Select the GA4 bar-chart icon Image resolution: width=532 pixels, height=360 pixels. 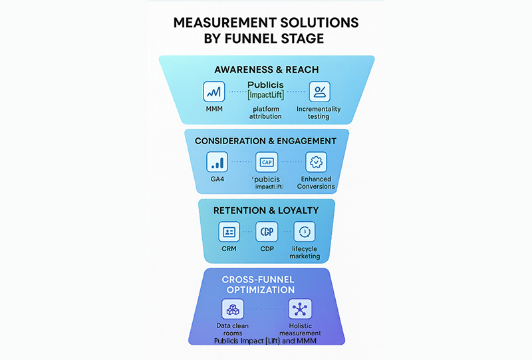click(x=217, y=162)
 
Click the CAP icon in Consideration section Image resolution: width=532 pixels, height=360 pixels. click(x=266, y=162)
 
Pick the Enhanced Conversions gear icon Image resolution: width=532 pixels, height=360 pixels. click(x=316, y=162)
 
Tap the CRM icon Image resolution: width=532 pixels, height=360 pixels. click(x=229, y=232)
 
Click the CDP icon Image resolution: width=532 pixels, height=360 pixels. click(x=266, y=232)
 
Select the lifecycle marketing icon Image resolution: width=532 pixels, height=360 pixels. click(x=304, y=232)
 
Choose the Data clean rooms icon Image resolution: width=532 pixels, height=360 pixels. click(x=233, y=309)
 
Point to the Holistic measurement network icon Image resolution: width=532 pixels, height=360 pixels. click(x=300, y=309)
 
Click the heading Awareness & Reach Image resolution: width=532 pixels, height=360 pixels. click(x=266, y=70)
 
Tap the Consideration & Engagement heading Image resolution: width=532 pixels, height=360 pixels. click(x=266, y=141)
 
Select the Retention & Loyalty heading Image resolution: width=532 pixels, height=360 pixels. click(x=266, y=211)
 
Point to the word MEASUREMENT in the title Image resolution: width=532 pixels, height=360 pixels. click(x=237, y=23)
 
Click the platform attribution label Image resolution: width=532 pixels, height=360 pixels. click(x=265, y=112)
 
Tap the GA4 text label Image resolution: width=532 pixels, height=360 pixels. click(x=217, y=180)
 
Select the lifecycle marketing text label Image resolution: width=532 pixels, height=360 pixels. click(x=305, y=253)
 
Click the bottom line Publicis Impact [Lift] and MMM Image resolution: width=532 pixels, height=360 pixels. click(x=266, y=341)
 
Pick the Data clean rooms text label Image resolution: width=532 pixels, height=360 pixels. click(x=233, y=329)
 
